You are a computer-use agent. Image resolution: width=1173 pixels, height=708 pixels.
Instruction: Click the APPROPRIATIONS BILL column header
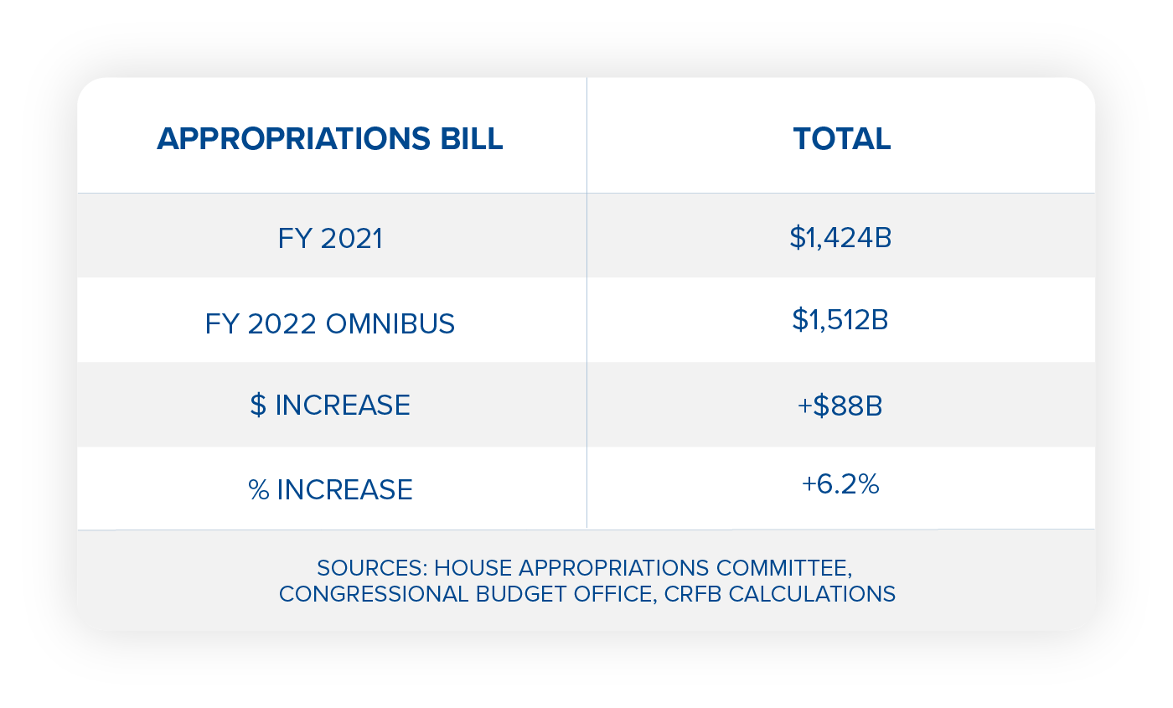[330, 139]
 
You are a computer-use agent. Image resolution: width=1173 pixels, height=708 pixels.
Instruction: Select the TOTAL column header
[841, 139]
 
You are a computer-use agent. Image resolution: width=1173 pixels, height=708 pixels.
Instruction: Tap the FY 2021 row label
[330, 239]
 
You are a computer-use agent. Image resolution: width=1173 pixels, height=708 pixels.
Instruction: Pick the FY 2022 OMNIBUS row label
[330, 323]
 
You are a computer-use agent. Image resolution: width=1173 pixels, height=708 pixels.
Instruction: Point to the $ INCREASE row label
[330, 406]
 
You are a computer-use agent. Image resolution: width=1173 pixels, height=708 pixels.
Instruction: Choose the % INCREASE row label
[330, 490]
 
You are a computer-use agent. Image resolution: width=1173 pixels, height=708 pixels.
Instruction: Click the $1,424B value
[840, 238]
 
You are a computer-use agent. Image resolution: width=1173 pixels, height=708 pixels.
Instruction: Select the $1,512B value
[840, 321]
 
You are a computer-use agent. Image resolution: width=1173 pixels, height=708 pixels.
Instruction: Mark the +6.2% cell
[840, 484]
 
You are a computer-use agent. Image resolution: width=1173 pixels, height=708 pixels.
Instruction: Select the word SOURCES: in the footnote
[373, 568]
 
